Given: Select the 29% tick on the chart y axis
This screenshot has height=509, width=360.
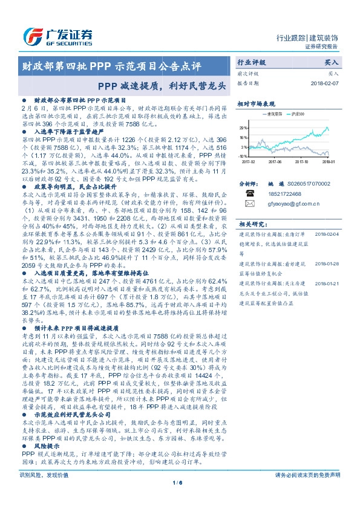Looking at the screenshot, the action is pos(243,128).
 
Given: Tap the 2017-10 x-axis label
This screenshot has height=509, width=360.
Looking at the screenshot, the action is pos(303,161).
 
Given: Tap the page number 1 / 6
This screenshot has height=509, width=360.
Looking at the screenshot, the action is pos(178,499).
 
